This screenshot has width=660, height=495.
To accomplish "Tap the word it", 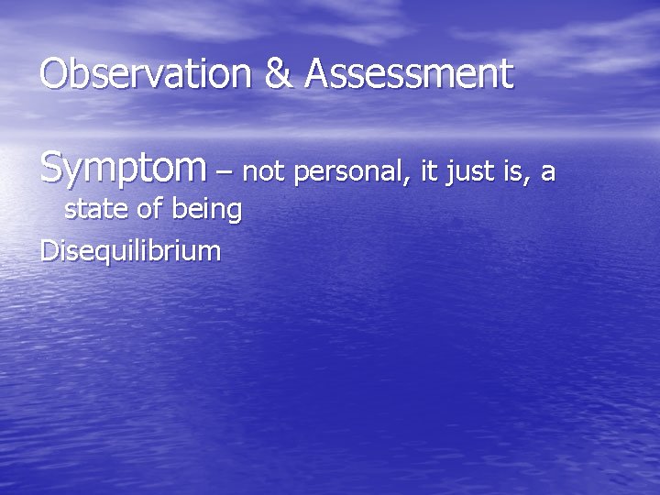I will tap(431, 170).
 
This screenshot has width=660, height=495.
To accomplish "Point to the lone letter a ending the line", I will tap(547, 173).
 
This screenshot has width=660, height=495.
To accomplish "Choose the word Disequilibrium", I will tap(130, 250).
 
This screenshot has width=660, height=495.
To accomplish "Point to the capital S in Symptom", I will tap(53, 169).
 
